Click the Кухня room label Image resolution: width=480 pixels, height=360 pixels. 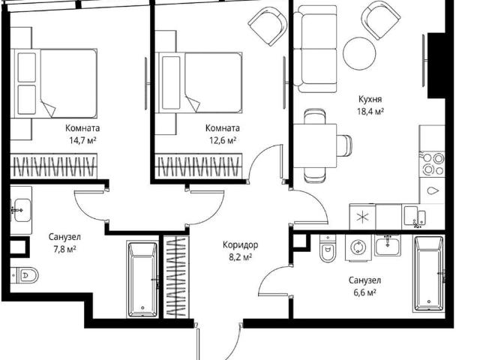370,100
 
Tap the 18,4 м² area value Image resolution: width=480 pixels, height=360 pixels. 370,111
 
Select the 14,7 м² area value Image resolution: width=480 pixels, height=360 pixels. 82,140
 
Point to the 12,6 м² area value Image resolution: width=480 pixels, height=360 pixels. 223,140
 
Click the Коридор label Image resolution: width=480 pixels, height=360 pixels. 240,245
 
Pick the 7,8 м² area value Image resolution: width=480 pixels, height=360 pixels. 64,249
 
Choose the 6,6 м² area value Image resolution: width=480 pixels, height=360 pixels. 365,292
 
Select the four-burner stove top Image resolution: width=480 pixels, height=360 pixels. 432,163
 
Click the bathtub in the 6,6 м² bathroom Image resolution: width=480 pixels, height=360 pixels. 428,273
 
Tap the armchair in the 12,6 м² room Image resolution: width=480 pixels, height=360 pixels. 268,26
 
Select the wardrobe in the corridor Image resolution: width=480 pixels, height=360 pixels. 176,277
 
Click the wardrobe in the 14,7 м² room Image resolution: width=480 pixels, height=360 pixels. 53,166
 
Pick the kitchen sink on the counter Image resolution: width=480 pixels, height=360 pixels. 415,217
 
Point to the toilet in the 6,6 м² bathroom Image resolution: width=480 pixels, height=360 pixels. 327,248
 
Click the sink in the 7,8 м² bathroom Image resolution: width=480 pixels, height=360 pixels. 22,210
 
